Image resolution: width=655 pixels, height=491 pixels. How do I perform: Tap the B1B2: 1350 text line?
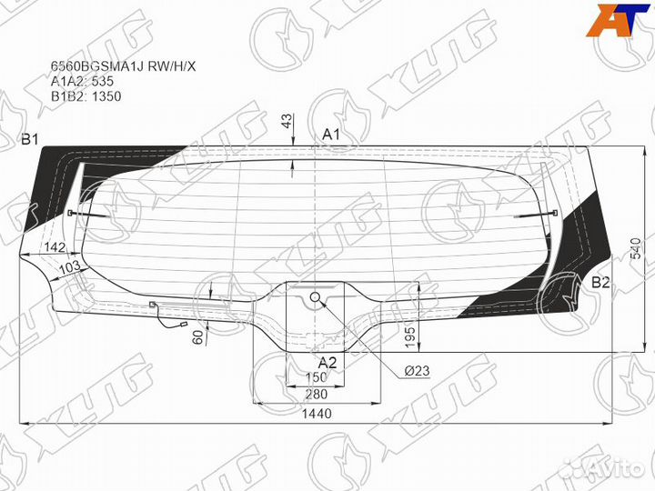pyautogui.click(x=86, y=95)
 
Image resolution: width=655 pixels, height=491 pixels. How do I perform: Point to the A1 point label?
pyautogui.click(x=331, y=135)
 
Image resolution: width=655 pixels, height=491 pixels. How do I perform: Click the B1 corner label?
pyautogui.click(x=30, y=138)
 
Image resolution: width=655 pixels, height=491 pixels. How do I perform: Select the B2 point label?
pyautogui.click(x=600, y=283)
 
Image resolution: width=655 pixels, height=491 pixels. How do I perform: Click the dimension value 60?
pyautogui.click(x=197, y=336)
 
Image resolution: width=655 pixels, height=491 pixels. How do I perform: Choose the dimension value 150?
pyautogui.click(x=316, y=377)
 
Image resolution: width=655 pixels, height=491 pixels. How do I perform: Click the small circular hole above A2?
pyautogui.click(x=315, y=296)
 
